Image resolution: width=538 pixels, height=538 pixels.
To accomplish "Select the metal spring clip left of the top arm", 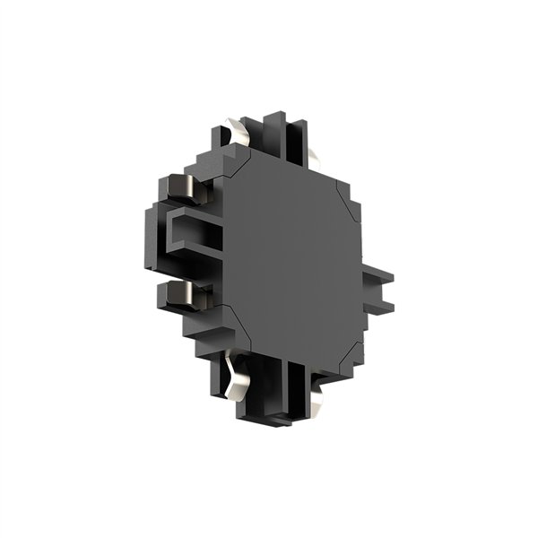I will pyautogui.click(x=240, y=133).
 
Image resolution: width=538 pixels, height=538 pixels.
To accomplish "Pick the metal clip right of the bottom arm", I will pyautogui.click(x=315, y=386).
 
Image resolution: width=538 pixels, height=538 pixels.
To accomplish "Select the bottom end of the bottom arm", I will pyautogui.click(x=274, y=420).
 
